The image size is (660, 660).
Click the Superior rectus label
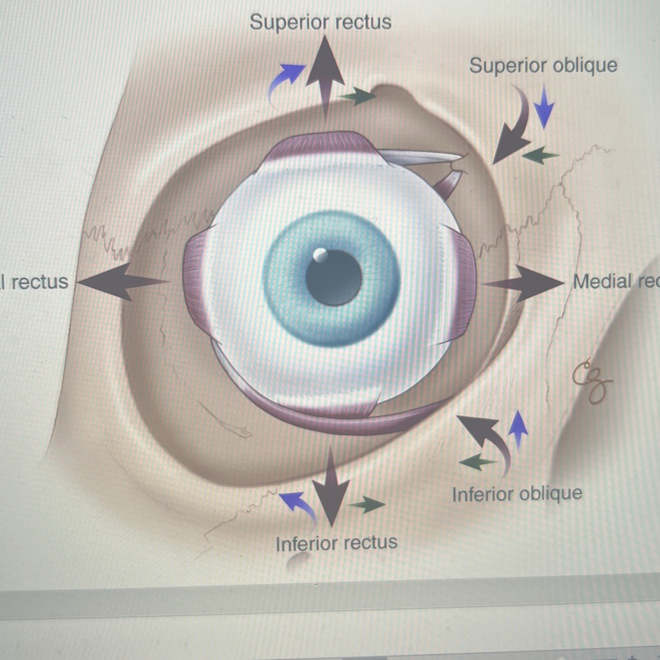tap(320, 22)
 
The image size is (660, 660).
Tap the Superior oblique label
tap(543, 66)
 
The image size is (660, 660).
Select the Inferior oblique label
tap(517, 494)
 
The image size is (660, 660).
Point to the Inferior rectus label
tap(336, 543)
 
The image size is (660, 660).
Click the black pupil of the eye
tap(334, 277)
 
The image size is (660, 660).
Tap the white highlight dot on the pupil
tap(320, 255)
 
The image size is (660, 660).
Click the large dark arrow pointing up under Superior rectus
tap(325, 74)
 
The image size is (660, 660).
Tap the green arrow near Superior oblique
tap(540, 155)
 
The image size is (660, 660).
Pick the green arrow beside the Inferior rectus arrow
tap(367, 505)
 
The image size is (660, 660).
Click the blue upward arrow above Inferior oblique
tap(518, 428)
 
